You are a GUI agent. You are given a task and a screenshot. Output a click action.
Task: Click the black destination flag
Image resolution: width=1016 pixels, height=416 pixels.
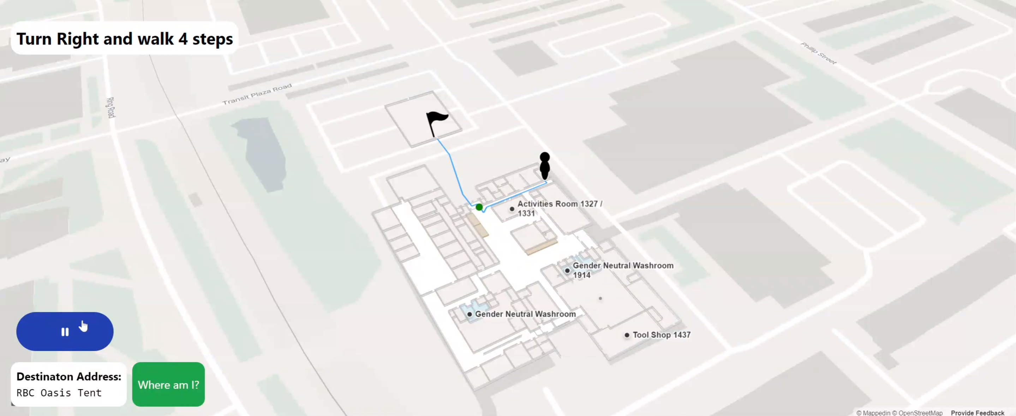437,122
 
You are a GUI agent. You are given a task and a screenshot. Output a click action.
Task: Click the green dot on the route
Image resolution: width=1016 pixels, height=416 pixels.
479,207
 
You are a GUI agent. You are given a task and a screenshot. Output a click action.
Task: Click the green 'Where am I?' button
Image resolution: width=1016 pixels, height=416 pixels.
168,385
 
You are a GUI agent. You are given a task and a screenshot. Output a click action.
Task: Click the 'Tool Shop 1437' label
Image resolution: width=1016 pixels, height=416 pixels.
662,335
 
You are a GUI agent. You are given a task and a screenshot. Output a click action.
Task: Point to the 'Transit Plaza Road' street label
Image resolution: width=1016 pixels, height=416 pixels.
257,94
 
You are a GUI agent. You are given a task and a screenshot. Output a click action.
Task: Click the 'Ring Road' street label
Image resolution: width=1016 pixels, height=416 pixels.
111,107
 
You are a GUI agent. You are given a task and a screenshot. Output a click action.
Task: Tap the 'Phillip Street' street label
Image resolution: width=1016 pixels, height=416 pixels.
818,53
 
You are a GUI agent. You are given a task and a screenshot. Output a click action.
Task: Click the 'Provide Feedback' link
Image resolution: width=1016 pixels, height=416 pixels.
978,412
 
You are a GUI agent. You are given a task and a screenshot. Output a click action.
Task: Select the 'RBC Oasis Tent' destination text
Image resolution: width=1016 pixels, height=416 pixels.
59,393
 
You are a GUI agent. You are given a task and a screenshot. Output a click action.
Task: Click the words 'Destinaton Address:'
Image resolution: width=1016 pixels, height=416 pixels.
68,376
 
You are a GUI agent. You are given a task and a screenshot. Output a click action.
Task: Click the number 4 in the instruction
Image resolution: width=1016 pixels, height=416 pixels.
183,39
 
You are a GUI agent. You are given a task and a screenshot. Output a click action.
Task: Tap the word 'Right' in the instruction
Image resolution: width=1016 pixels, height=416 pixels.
78,39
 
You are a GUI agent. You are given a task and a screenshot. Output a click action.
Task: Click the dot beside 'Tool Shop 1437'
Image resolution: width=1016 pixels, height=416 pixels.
627,335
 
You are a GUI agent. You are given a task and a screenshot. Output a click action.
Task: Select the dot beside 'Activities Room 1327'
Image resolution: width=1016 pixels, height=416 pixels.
512,209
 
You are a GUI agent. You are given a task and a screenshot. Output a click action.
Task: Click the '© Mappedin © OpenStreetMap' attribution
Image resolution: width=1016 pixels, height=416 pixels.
899,412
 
